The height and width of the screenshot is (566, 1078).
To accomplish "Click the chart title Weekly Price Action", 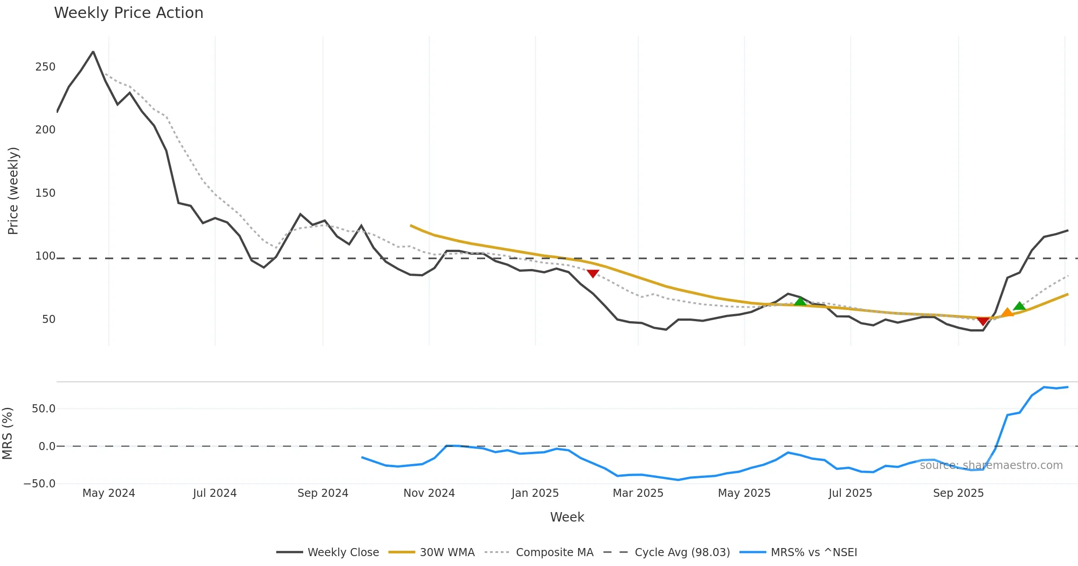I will tap(128, 13).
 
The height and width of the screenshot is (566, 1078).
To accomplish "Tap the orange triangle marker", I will tap(1007, 313).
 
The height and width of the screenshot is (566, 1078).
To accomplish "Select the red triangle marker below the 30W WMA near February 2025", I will tap(593, 274).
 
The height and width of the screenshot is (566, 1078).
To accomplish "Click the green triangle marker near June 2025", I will tap(800, 301).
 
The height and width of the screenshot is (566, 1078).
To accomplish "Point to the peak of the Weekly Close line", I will tap(93, 52).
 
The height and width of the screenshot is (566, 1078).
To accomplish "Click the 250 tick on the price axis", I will tap(45, 67).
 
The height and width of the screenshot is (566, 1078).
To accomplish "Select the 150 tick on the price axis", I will tap(45, 193).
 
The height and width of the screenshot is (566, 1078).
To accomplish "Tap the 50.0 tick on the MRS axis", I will tap(44, 409).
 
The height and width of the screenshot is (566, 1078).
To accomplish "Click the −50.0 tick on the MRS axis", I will tap(40, 484).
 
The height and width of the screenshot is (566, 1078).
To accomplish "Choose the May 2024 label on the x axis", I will tap(109, 493).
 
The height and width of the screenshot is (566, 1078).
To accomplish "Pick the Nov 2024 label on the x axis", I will tap(429, 493).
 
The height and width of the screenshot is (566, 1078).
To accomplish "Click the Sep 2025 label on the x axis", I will tap(958, 493).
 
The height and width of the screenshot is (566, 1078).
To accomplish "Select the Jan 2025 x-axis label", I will tap(535, 493).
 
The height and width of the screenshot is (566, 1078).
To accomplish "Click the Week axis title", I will tap(567, 517).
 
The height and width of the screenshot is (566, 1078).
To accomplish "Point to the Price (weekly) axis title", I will tap(13, 191).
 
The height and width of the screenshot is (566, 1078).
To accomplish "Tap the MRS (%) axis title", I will tap(7, 433).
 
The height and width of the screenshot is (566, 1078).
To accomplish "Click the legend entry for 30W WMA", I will tap(447, 553).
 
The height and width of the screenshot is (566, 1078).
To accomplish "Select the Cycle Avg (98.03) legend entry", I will tap(682, 553).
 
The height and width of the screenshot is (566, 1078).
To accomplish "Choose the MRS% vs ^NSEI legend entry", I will tap(813, 553).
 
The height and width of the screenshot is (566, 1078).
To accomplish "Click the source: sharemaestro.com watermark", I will tap(991, 465).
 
